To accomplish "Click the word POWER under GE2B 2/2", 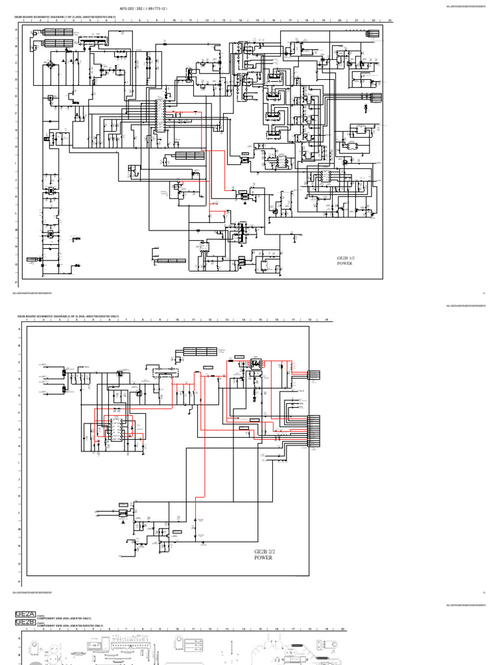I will (263, 558).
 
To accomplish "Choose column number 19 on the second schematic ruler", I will (327, 320).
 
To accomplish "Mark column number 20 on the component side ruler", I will (342, 629).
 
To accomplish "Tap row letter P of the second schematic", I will (18, 581).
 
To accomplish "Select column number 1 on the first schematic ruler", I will (24, 21).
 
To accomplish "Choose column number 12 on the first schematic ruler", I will (207, 21).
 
